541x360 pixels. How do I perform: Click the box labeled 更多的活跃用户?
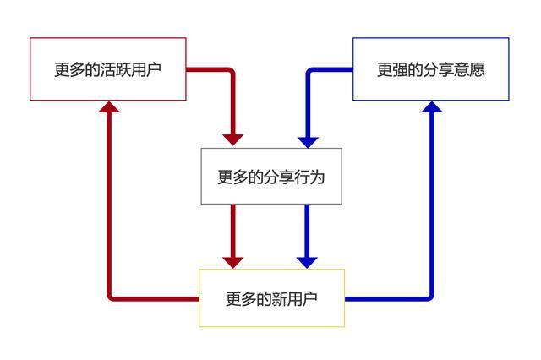[x=107, y=69]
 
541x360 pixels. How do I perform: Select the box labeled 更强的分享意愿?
[x=430, y=69]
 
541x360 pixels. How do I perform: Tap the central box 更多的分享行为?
[x=270, y=177]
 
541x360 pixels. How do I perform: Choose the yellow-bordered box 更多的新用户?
[x=271, y=298]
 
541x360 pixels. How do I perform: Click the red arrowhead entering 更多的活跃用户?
[x=109, y=106]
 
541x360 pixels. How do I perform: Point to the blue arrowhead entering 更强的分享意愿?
[x=432, y=106]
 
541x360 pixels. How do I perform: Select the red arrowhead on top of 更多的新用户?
[x=233, y=261]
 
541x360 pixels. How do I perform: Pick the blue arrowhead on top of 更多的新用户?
[x=308, y=261]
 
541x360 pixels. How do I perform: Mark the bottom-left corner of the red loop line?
[x=110, y=297]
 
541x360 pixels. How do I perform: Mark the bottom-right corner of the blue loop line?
[x=431, y=297]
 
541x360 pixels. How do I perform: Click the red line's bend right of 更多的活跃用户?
[x=232, y=70]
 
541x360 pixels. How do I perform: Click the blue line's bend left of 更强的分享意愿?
[x=308, y=70]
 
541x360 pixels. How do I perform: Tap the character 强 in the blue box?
[x=404, y=69]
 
